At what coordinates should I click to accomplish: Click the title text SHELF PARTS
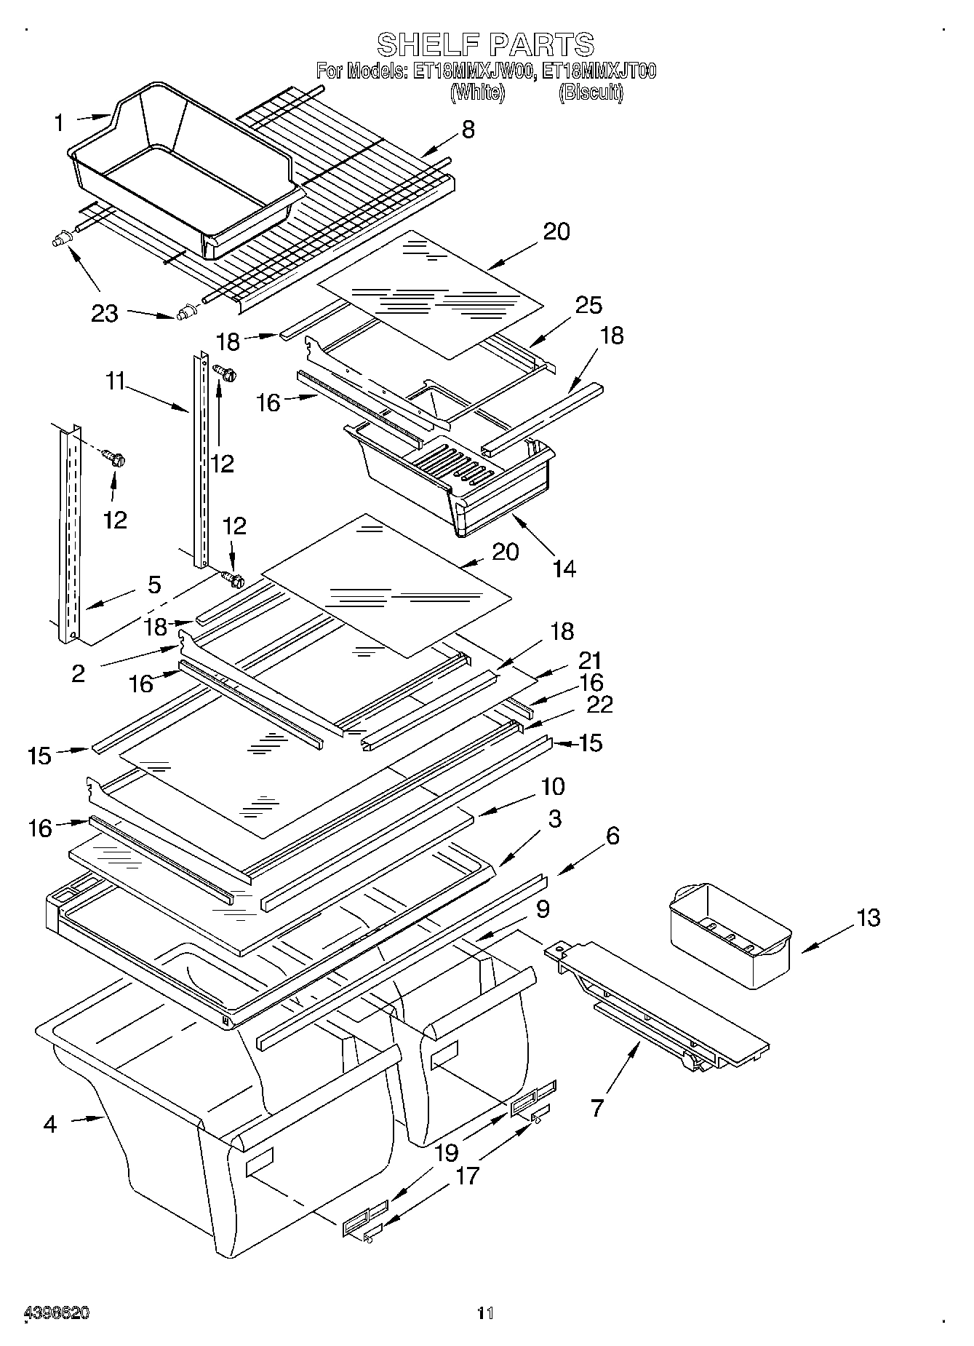[x=485, y=45]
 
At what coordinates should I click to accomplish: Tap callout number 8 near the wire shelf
[x=468, y=130]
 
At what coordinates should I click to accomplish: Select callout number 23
[x=105, y=314]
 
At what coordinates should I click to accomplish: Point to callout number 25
[x=588, y=305]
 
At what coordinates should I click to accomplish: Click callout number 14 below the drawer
[x=564, y=568]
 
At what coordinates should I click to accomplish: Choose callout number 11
[x=116, y=381]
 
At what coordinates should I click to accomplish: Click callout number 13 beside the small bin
[x=869, y=917]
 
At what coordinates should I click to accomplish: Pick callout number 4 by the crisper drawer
[x=49, y=1124]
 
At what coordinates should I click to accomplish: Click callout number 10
[x=553, y=786]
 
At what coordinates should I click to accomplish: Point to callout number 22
[x=600, y=704]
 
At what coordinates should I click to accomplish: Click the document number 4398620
[x=57, y=1313]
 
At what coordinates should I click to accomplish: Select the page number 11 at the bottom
[x=485, y=1313]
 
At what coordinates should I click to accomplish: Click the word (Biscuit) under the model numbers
[x=591, y=92]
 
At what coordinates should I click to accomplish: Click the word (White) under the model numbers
[x=477, y=92]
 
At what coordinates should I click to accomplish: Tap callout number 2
[x=79, y=673]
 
